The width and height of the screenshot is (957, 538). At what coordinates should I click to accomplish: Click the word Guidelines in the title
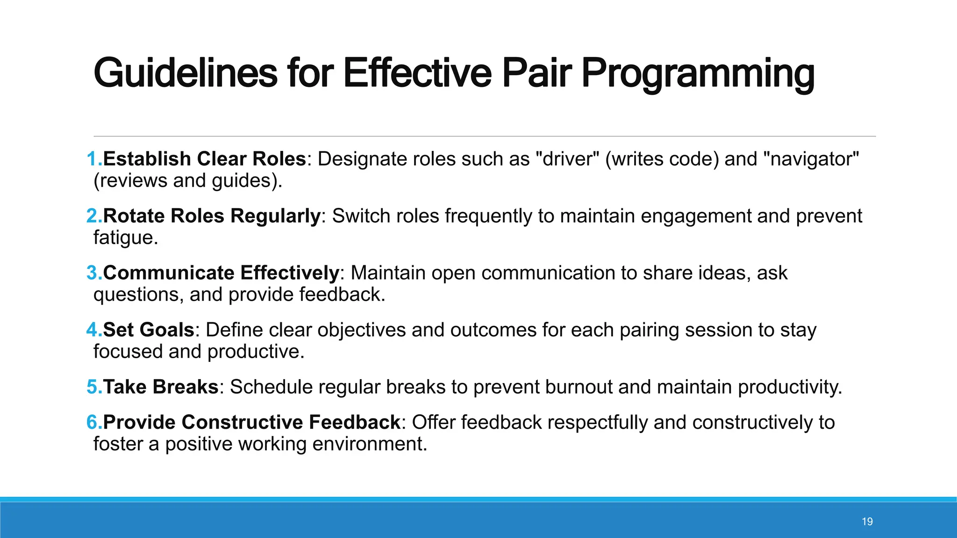click(186, 73)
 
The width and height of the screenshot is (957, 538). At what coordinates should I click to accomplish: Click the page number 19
click(867, 522)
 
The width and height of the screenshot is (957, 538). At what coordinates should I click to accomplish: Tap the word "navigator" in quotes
click(811, 159)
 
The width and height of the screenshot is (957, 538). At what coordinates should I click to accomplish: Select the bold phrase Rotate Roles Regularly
click(212, 216)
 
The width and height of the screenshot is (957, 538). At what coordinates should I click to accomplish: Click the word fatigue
click(125, 238)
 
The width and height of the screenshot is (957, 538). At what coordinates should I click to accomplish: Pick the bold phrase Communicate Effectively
click(221, 273)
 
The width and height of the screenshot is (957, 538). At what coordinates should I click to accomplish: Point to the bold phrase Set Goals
click(149, 330)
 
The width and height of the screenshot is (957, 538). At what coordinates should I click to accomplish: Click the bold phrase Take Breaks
click(161, 387)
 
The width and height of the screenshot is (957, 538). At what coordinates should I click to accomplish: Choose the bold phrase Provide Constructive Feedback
click(251, 422)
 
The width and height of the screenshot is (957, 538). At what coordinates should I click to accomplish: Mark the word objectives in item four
click(362, 330)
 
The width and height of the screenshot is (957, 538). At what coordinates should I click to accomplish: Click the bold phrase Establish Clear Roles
click(204, 159)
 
